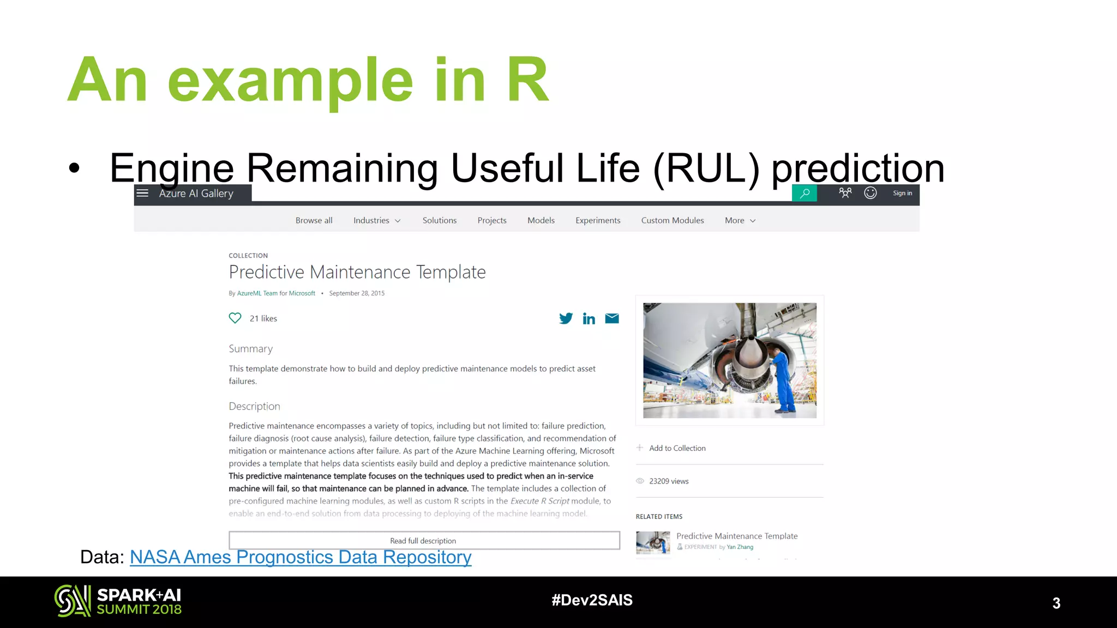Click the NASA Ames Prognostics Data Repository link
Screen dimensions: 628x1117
pyautogui.click(x=301, y=557)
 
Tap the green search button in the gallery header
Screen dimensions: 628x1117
pyautogui.click(x=804, y=194)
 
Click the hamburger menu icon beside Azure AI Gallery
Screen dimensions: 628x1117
pyautogui.click(x=142, y=193)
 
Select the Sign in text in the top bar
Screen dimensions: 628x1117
pyautogui.click(x=902, y=193)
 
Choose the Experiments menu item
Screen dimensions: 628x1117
pyautogui.click(x=598, y=220)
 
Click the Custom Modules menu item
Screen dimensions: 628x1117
pyautogui.click(x=672, y=220)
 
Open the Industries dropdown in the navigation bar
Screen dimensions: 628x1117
pyautogui.click(x=377, y=220)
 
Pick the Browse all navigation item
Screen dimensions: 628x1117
pyautogui.click(x=314, y=220)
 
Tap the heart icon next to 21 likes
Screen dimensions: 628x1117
pyautogui.click(x=235, y=318)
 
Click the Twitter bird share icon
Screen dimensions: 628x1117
pyautogui.click(x=566, y=318)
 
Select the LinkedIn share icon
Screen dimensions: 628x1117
pyautogui.click(x=588, y=318)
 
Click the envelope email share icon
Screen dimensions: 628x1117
pyautogui.click(x=612, y=318)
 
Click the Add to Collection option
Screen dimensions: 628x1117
pyautogui.click(x=677, y=448)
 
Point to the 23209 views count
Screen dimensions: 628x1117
pyautogui.click(x=669, y=481)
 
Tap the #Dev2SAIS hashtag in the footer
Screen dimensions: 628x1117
pyautogui.click(x=592, y=600)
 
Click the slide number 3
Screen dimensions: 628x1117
pyautogui.click(x=1056, y=603)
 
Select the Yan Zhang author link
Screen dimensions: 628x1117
pyautogui.click(x=740, y=547)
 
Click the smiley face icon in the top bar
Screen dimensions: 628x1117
pyautogui.click(x=870, y=193)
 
